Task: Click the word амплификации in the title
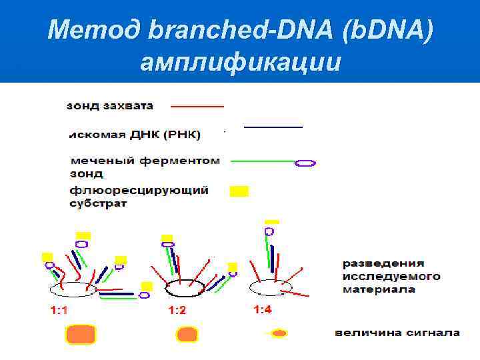coord(241,62)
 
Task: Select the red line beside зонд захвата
coord(197,106)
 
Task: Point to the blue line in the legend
coord(273,126)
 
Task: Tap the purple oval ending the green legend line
coord(305,162)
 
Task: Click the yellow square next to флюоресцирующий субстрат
coord(239,191)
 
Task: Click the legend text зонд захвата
coord(110,105)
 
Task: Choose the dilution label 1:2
coord(177,310)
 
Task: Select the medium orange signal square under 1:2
coord(187,333)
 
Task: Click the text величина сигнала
coord(397,332)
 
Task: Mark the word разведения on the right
coord(383,263)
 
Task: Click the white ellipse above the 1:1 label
coord(73,289)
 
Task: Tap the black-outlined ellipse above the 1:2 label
coord(185,288)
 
